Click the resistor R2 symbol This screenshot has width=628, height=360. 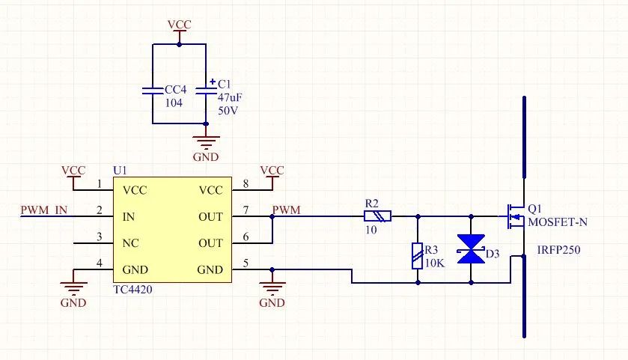(x=377, y=216)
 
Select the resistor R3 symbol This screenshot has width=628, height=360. (x=417, y=256)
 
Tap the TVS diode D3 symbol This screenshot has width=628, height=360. (x=471, y=248)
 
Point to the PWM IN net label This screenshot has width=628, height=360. (x=44, y=210)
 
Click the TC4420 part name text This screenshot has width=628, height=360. (x=132, y=289)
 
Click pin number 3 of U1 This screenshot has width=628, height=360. (x=100, y=238)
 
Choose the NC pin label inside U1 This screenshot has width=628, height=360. (x=131, y=243)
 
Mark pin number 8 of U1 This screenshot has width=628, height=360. (x=247, y=184)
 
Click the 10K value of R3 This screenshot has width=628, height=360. (x=435, y=262)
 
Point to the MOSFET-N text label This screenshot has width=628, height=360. (x=558, y=222)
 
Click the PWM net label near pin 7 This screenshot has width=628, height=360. (x=287, y=210)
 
